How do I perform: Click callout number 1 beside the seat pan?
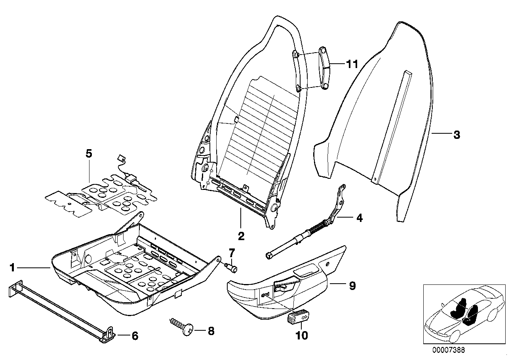point(13,268)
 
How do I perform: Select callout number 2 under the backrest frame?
point(241,236)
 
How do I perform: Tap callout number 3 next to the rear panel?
point(456,135)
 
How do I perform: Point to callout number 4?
point(359,218)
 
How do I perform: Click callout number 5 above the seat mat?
point(89,153)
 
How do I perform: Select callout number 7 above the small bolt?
point(232,252)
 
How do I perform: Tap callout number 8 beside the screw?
point(211,331)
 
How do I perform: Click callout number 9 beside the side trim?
point(352,285)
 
